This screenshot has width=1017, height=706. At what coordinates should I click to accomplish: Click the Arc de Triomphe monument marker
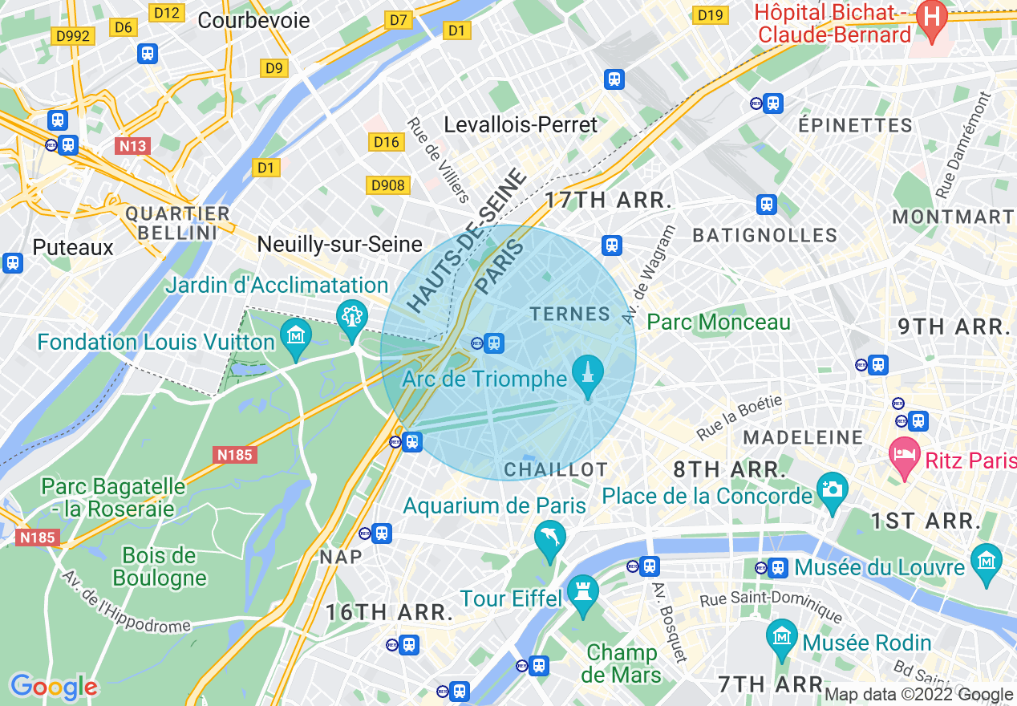(x=588, y=374)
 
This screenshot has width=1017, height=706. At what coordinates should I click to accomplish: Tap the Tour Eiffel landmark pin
(x=582, y=591)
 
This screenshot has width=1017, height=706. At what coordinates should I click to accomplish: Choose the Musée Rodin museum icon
(x=781, y=637)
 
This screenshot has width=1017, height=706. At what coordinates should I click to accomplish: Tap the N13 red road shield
(x=132, y=146)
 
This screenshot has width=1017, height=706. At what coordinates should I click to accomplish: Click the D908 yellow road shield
(x=389, y=185)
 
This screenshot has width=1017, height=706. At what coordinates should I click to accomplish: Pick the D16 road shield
(x=387, y=142)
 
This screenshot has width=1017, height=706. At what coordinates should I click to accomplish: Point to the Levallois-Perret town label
(x=521, y=125)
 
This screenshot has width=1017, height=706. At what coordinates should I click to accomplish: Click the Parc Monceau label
(x=719, y=323)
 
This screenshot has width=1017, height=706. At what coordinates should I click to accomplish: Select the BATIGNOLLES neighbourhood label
(x=764, y=235)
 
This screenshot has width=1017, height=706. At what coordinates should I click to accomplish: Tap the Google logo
(x=54, y=687)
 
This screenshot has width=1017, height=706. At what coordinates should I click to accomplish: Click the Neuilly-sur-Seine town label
(x=339, y=245)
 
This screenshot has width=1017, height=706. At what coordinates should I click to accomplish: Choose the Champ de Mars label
(x=621, y=663)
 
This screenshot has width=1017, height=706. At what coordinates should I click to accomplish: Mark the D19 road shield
(x=711, y=15)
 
